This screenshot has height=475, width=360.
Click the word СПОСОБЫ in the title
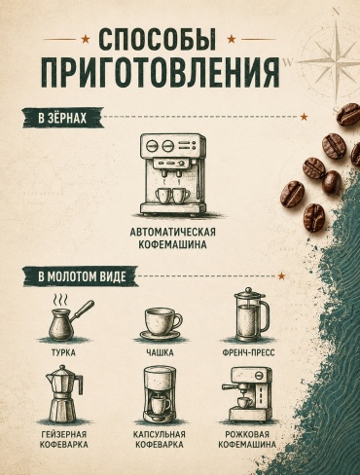pyautogui.click(x=158, y=38)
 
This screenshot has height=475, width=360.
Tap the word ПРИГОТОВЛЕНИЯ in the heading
pyautogui.click(x=161, y=72)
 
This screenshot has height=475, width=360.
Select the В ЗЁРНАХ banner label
pyautogui.click(x=62, y=118)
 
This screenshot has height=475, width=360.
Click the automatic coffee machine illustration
pyautogui.click(x=173, y=174)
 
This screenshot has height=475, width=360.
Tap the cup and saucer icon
pyautogui.click(x=160, y=324)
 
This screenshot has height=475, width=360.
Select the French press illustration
pyautogui.click(x=252, y=314)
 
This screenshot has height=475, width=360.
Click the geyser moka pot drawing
pyautogui.click(x=64, y=394)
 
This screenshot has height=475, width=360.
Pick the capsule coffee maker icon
pyautogui.click(x=160, y=395)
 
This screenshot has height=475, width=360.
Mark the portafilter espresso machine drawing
pyautogui.click(x=248, y=394)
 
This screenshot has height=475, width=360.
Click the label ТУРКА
pyautogui.click(x=63, y=352)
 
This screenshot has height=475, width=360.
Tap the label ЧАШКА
pyautogui.click(x=160, y=352)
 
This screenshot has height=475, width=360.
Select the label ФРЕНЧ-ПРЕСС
pyautogui.click(x=249, y=352)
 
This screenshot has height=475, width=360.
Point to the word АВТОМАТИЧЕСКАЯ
pyautogui.click(x=173, y=233)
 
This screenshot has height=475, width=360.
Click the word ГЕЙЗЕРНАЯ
pyautogui.click(x=64, y=434)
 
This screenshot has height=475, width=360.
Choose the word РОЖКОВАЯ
pyautogui.click(x=247, y=434)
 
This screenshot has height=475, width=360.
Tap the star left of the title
pyautogui.click(x=86, y=39)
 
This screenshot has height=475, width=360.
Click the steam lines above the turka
pyautogui.click(x=61, y=299)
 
